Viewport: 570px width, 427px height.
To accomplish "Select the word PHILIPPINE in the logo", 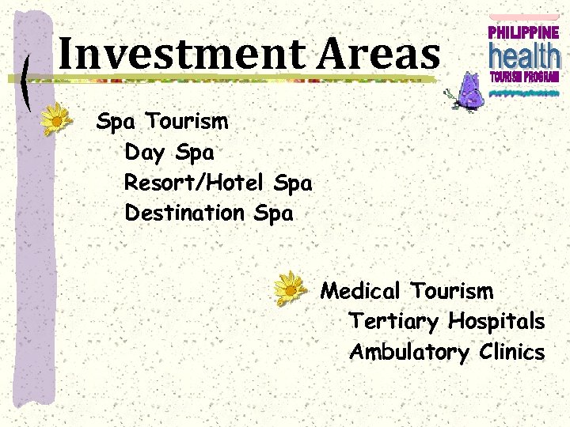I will tap(523, 32).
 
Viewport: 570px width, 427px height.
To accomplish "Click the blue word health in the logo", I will tap(523, 55).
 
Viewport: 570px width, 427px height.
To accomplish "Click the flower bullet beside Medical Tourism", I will tap(291, 289).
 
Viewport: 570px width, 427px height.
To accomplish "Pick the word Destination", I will tap(185, 213).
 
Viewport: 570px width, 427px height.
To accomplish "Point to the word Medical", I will tap(361, 291).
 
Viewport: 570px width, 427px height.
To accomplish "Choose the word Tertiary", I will tap(394, 322).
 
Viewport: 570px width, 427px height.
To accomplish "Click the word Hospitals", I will tap(496, 322).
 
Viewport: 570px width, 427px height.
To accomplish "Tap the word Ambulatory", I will tap(409, 352).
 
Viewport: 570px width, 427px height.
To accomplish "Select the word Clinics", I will tap(512, 352).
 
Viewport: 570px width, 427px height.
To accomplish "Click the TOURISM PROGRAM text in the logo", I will tap(523, 77).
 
